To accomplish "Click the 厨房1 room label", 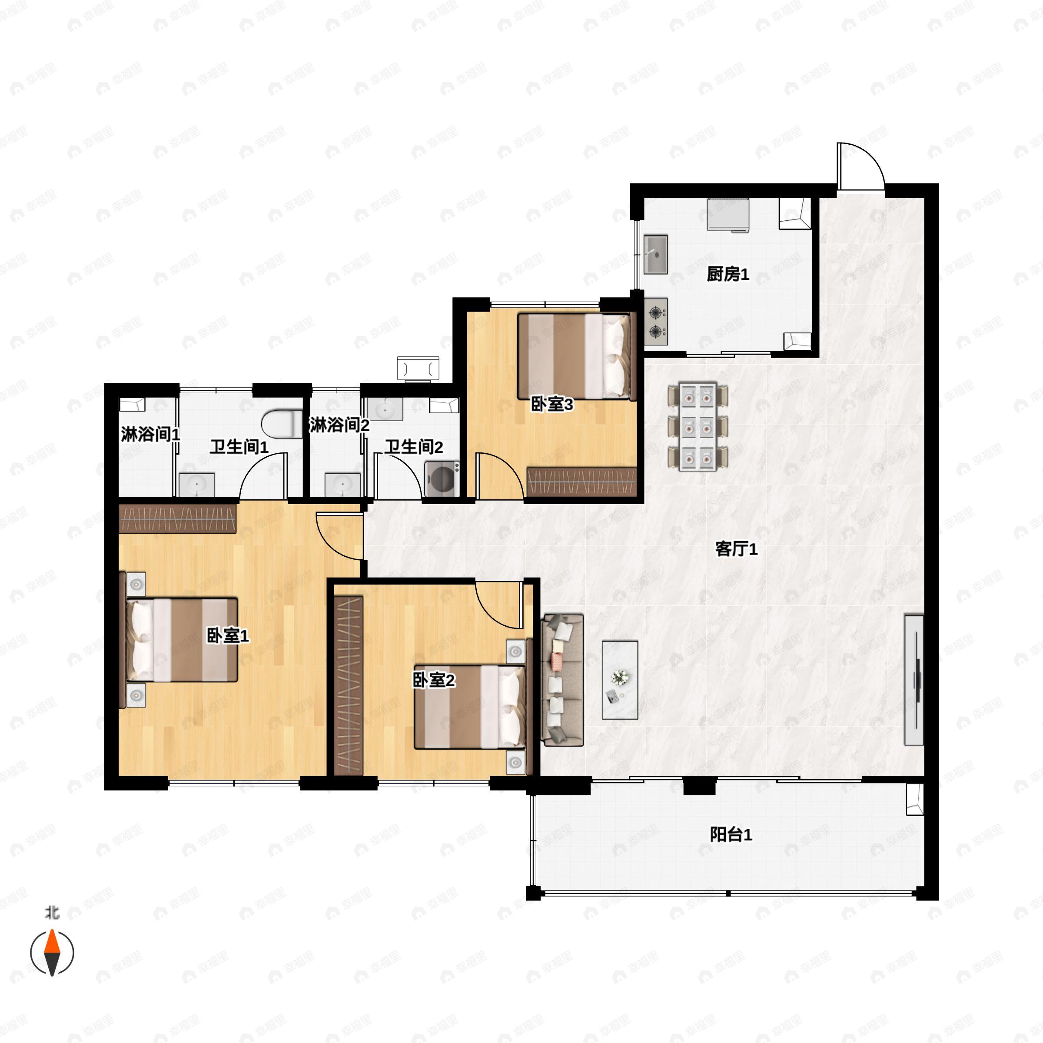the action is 728,274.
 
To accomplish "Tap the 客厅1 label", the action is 736,549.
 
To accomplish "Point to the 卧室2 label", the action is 434,680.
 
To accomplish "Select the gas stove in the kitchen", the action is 656,321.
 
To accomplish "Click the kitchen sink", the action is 656,254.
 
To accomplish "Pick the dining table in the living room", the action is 698,427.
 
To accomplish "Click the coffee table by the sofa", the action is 620,680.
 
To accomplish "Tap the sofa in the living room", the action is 562,680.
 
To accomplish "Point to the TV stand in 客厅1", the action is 914,679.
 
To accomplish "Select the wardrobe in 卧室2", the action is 349,686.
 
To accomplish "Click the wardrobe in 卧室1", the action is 178,519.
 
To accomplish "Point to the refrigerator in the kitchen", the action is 728,215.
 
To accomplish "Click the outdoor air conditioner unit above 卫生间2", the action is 418,368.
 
